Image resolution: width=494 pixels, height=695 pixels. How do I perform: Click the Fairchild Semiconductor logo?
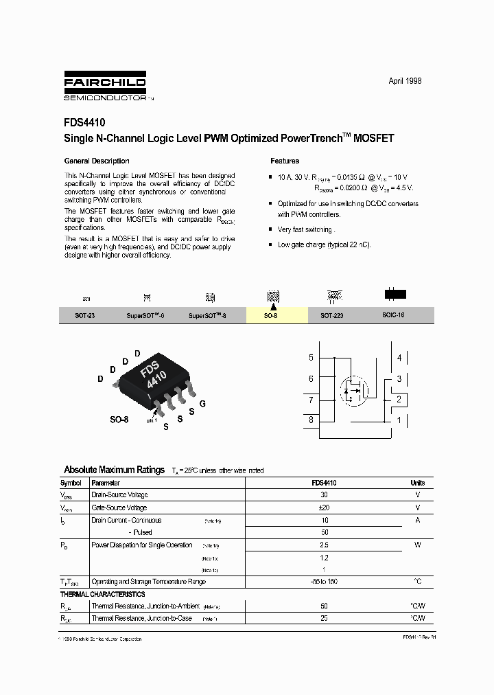(x=105, y=85)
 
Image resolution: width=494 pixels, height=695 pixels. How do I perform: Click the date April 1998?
(x=405, y=81)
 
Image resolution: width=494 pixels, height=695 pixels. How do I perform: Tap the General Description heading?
(x=96, y=161)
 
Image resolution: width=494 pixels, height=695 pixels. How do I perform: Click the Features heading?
(x=285, y=161)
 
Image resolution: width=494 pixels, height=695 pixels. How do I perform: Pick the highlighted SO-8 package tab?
(x=271, y=316)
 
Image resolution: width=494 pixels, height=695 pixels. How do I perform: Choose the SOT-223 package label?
(x=332, y=316)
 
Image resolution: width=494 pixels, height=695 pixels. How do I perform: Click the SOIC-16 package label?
(x=394, y=316)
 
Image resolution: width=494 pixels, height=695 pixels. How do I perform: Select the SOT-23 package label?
(x=86, y=316)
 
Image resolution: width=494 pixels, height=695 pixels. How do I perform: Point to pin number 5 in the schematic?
(x=311, y=358)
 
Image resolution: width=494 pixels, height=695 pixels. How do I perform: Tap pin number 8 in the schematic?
(x=311, y=420)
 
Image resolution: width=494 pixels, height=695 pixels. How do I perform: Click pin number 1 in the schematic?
(x=399, y=420)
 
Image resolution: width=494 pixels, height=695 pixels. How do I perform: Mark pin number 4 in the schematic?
(x=399, y=358)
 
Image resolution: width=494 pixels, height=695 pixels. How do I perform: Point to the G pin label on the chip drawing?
(x=202, y=404)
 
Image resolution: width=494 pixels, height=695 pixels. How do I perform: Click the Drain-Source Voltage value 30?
(x=325, y=495)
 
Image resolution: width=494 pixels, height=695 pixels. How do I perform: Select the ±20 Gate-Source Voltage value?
(x=325, y=508)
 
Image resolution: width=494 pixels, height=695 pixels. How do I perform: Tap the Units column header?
(x=417, y=483)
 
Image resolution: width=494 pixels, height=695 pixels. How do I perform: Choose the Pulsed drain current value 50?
(x=325, y=532)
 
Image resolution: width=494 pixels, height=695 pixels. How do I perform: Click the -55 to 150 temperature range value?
(x=325, y=582)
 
